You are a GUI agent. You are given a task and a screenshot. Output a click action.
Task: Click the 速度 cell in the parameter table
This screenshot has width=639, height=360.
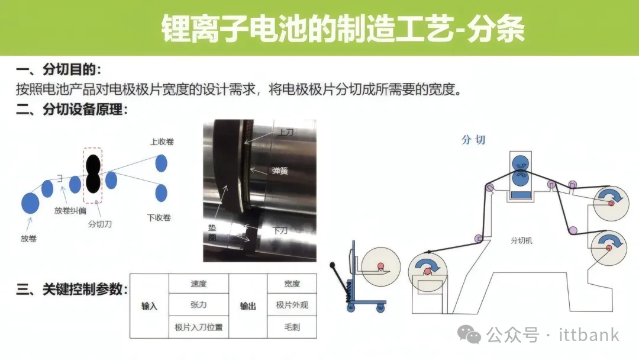(x=198, y=284)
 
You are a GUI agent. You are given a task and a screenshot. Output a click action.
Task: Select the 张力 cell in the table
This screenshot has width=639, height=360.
(x=198, y=304)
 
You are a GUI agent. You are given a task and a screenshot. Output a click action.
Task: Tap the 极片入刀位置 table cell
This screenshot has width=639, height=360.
(x=198, y=327)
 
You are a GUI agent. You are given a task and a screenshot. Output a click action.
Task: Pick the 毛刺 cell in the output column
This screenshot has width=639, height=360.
(x=292, y=327)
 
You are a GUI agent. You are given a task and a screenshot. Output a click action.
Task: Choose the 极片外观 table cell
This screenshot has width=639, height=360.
(x=292, y=304)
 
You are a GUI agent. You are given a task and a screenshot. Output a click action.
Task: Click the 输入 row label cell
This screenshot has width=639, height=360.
(x=149, y=306)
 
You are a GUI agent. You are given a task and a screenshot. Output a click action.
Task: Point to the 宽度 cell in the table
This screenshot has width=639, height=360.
(x=292, y=284)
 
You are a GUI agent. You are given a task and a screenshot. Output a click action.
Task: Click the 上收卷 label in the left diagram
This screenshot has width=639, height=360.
(x=162, y=142)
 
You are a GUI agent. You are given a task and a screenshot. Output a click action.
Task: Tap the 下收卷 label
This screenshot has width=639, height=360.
(x=159, y=217)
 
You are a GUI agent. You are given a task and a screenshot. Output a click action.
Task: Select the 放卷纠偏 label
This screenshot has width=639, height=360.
(x=70, y=210)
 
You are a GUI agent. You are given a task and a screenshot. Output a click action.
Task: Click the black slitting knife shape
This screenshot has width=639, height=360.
(x=93, y=173)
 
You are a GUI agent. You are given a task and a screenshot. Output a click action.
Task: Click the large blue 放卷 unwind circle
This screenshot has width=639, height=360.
(x=30, y=202)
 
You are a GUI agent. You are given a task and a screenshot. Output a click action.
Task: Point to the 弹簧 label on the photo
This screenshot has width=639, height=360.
(x=280, y=171)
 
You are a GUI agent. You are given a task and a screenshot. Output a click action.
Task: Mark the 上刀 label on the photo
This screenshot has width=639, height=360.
(x=285, y=132)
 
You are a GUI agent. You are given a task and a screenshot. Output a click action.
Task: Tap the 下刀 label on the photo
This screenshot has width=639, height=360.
(x=280, y=230)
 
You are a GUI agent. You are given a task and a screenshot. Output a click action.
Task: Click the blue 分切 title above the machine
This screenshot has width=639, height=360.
(x=473, y=140)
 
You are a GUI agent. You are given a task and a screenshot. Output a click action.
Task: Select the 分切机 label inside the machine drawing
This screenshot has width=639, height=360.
(x=522, y=240)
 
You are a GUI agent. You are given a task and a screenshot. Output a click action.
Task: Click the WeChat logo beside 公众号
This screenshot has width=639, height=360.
(x=469, y=335)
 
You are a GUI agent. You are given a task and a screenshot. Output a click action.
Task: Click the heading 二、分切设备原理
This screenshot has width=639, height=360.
(x=72, y=110)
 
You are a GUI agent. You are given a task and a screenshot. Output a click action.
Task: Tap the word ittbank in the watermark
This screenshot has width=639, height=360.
(x=589, y=335)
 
